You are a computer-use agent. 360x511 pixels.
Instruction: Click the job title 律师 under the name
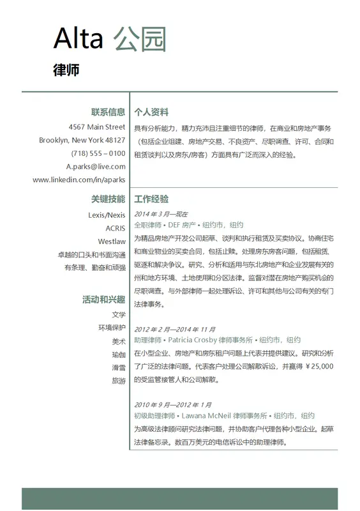pos(66,70)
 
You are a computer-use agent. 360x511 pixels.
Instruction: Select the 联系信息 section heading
pos(108,112)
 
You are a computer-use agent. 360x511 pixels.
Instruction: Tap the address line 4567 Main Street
pos(97,126)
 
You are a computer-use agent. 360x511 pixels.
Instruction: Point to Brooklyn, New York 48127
pos(82,140)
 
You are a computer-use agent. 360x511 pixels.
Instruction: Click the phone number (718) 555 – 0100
pos(98,153)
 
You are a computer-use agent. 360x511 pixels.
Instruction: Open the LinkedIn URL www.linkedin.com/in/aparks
pos(79,180)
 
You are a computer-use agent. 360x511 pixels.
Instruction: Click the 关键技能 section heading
pos(108,199)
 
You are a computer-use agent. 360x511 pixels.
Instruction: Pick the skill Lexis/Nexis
pos(107,215)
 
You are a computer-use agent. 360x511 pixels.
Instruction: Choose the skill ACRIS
pos(116,228)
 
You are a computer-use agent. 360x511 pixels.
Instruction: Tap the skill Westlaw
pos(112,241)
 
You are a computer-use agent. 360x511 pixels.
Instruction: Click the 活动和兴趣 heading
pos(103,299)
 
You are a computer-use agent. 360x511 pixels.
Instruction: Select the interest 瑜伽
pos(119,355)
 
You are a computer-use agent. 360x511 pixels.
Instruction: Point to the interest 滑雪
pos(119,368)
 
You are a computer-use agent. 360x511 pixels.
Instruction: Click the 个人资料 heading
pos(151,112)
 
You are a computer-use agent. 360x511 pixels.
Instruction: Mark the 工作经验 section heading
pos(151,199)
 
